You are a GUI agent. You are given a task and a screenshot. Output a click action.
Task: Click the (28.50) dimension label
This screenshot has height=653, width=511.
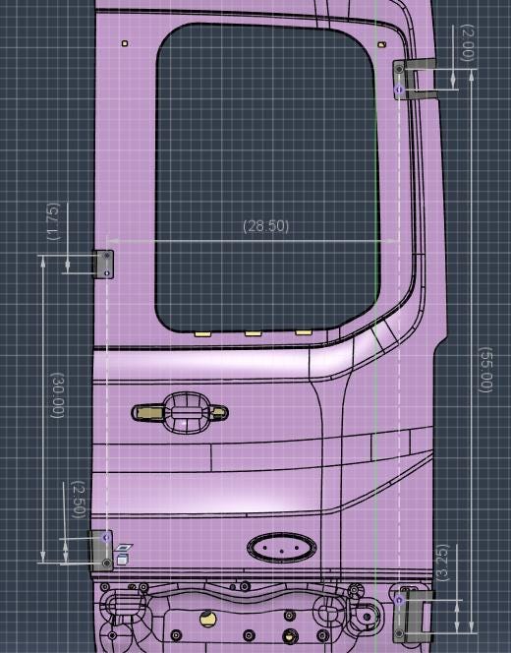266,226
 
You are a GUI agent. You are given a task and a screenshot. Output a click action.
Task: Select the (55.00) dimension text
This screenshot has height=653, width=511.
483,370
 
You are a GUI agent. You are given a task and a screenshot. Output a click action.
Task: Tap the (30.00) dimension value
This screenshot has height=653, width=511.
57,395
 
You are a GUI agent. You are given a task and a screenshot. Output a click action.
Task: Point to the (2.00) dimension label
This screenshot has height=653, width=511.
467,43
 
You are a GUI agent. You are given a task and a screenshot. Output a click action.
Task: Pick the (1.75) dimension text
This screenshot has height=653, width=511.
53,221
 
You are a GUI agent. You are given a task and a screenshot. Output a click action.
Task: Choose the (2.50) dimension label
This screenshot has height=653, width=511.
78,501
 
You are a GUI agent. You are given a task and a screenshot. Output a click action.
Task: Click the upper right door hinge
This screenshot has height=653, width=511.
414,78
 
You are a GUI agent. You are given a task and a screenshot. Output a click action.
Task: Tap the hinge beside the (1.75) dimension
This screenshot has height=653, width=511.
104,265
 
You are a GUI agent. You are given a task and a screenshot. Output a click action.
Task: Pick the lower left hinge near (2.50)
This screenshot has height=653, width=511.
103,550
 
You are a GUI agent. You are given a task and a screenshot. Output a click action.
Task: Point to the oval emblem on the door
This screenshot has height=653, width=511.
280,548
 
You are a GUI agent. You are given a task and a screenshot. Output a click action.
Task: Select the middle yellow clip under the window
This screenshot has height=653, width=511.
254,333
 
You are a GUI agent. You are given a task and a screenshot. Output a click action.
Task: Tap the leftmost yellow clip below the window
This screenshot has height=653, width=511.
203,333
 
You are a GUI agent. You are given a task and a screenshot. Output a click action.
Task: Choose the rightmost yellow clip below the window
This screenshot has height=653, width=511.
304,332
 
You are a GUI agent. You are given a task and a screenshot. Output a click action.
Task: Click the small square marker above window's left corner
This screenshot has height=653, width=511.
124,43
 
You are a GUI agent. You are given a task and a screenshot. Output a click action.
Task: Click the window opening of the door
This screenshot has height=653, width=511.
265,177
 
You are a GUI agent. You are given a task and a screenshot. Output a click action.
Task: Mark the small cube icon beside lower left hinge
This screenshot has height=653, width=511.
123,559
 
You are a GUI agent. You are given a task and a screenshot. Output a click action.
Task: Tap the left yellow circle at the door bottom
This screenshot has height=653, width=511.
206,618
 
